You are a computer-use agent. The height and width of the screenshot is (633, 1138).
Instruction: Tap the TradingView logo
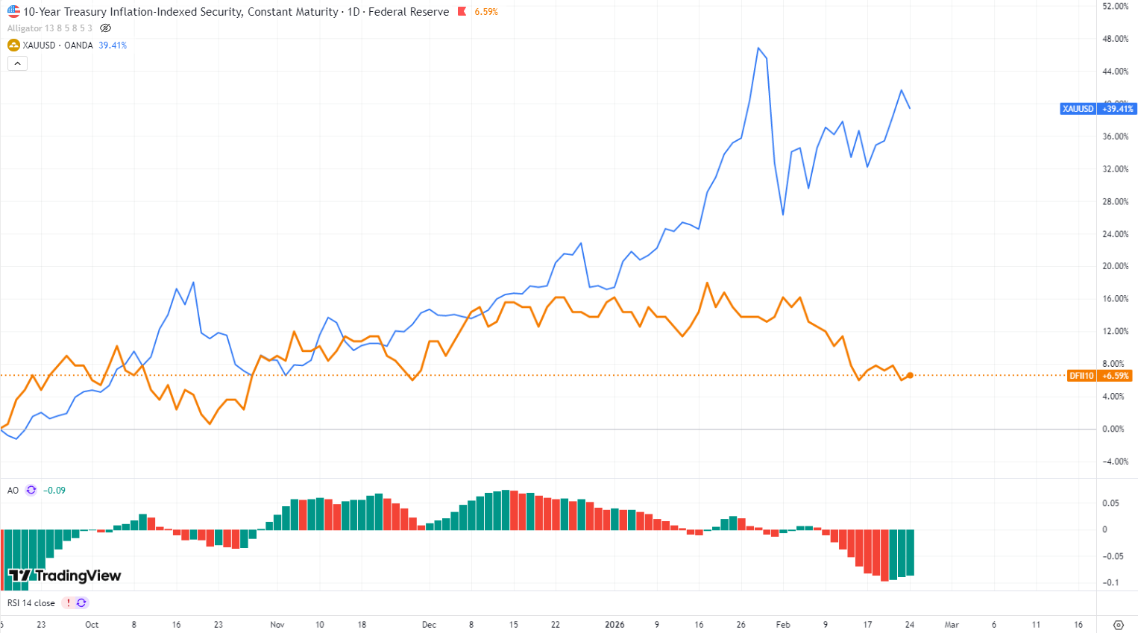click(64, 576)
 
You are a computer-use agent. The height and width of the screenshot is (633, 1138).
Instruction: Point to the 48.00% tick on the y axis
click(1116, 39)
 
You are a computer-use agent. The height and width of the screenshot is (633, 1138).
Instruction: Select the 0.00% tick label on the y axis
click(1113, 429)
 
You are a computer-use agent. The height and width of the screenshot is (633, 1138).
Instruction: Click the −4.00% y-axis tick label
click(1115, 462)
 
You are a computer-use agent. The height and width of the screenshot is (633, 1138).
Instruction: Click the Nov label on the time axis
click(277, 625)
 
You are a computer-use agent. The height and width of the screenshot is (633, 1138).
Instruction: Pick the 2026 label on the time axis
click(614, 625)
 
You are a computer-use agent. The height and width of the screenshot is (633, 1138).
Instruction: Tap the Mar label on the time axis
click(952, 625)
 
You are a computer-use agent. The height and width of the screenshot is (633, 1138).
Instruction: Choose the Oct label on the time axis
click(92, 625)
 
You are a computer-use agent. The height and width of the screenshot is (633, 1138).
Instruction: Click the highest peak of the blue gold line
click(758, 48)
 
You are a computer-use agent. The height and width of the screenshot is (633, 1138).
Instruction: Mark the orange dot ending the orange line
click(910, 375)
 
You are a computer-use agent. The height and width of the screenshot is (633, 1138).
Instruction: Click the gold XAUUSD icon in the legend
click(13, 45)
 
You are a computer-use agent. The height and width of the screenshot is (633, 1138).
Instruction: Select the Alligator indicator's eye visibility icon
click(106, 28)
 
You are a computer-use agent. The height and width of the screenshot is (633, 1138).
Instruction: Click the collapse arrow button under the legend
click(17, 63)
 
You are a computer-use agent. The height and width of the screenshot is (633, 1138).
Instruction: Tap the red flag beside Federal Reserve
click(462, 12)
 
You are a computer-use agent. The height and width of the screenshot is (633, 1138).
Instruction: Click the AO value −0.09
click(54, 491)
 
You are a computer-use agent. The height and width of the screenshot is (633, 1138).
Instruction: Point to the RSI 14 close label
click(31, 603)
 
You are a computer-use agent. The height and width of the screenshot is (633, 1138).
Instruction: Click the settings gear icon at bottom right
click(1118, 625)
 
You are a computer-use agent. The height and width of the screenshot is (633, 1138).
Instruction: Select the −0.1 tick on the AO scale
click(1110, 583)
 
